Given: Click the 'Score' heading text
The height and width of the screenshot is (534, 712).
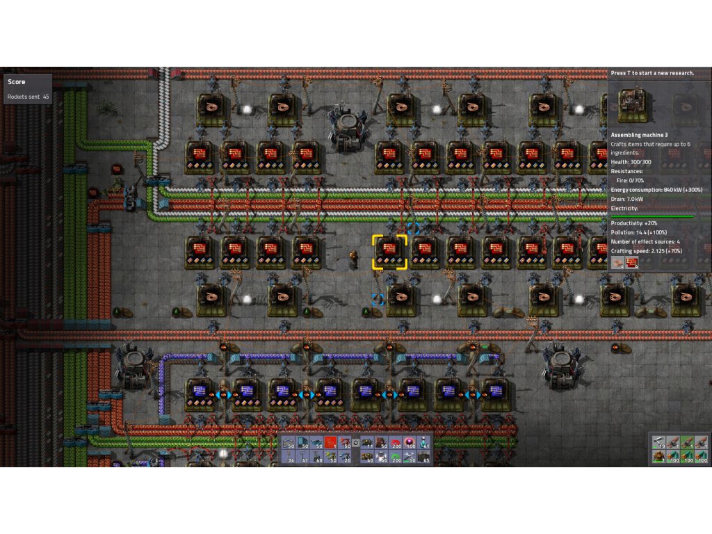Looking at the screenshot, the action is tap(17, 82).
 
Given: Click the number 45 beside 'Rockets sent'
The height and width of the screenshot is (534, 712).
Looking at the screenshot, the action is tap(46, 97).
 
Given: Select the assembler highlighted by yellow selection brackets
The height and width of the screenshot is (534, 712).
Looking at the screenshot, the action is tap(389, 252).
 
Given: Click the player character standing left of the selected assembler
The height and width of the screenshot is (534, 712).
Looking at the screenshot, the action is tap(354, 259).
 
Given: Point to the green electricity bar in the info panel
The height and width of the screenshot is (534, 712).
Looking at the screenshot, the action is tap(652, 217).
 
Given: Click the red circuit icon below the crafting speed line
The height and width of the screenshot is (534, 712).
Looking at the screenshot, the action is tap(632, 262).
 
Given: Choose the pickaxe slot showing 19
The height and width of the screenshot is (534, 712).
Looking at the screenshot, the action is tap(658, 442).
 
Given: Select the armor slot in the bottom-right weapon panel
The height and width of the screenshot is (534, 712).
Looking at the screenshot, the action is tap(658, 457).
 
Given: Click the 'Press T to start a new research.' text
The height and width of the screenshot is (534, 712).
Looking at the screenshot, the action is tap(652, 73).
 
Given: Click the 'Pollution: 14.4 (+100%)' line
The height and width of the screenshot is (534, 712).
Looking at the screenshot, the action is tap(641, 233).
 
